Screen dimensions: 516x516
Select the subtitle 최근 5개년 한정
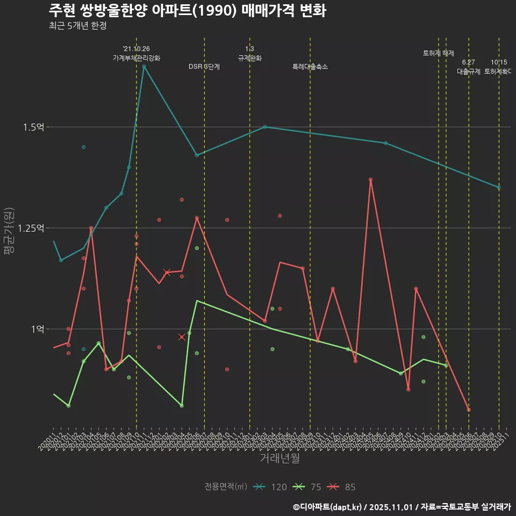(x=81, y=25)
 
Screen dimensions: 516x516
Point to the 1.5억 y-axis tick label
(x=33, y=127)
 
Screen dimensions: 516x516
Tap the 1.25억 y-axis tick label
(x=31, y=228)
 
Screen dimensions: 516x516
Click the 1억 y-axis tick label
(x=37, y=329)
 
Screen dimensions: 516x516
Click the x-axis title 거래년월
(x=279, y=458)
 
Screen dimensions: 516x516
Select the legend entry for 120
(x=271, y=487)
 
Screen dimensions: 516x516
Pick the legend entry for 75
(x=309, y=487)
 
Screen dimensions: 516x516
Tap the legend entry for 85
(x=342, y=487)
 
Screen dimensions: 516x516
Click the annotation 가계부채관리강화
(x=136, y=58)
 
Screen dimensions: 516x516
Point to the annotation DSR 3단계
(x=204, y=67)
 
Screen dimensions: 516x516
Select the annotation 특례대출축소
(x=310, y=67)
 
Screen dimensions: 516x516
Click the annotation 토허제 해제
(x=439, y=53)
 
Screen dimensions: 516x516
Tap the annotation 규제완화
(x=249, y=58)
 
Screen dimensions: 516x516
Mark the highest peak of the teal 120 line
(x=144, y=66)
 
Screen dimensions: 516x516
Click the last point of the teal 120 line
(x=499, y=188)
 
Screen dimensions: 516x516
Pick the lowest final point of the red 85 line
(x=469, y=410)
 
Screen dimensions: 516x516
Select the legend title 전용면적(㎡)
(x=225, y=487)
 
